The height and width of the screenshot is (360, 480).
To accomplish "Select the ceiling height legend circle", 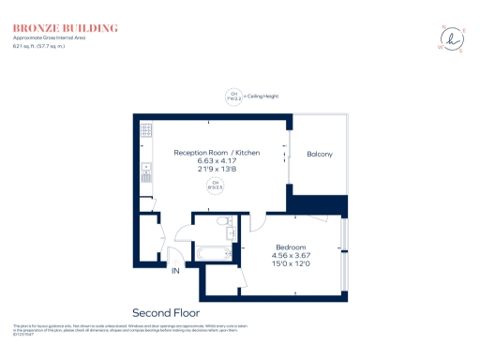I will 231,96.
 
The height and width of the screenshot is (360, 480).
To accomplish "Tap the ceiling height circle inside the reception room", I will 215,186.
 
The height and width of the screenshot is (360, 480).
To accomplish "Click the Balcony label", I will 319,154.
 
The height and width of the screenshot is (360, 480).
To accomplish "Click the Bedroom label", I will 291,247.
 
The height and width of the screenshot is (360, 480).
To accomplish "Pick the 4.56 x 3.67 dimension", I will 291,255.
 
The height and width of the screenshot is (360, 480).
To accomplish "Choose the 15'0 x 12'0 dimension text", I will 291,264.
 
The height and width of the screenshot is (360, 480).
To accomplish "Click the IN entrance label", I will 174,271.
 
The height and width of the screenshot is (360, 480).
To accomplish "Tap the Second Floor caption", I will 166,312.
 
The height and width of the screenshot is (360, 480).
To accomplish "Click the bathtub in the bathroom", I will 216,252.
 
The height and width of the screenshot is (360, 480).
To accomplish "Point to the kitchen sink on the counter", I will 146,172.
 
